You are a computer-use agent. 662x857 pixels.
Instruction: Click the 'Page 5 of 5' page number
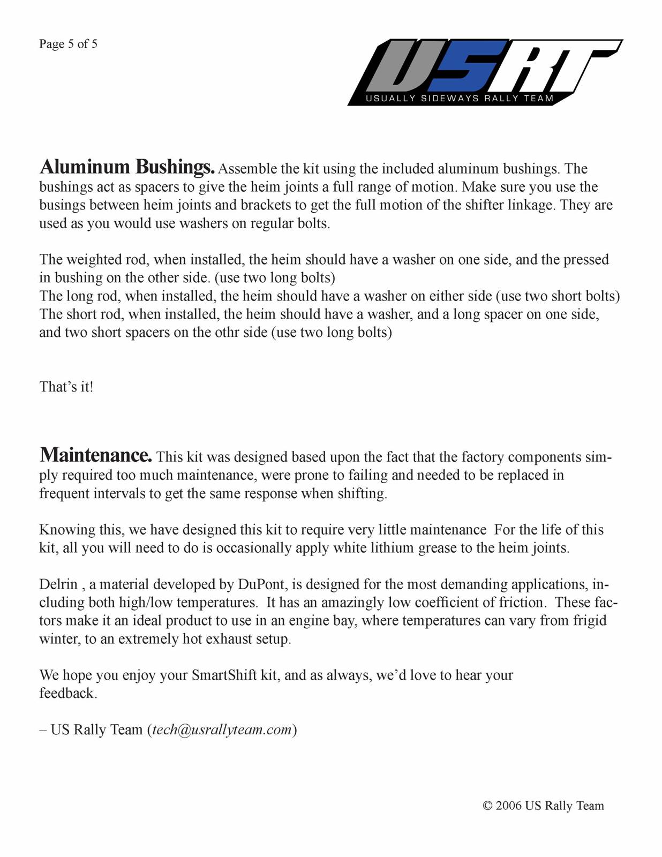pos(68,44)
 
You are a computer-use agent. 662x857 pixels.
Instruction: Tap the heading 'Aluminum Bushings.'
pos(127,167)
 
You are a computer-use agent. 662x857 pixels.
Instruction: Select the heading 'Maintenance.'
pos(96,455)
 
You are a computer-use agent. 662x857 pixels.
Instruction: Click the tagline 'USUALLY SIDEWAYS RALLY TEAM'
pos(460,99)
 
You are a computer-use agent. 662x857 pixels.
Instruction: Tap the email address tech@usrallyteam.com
pos(222,730)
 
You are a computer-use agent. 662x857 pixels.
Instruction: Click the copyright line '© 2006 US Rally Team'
pos(543,806)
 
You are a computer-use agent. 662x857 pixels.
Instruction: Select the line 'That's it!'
pos(66,387)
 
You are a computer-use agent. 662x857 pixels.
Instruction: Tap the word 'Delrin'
pos(58,584)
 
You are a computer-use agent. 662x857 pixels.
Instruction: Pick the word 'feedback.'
pos(68,693)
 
